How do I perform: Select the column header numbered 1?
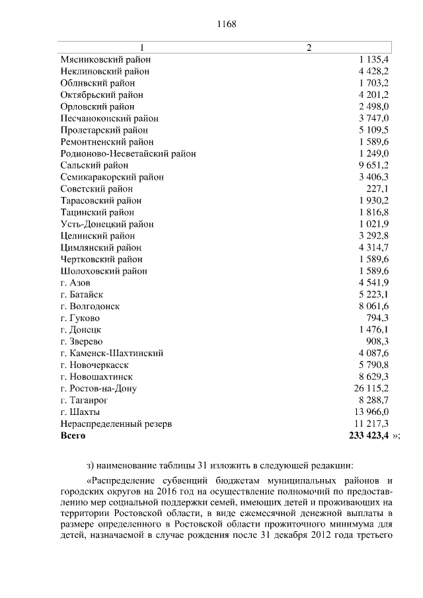(x=141, y=48)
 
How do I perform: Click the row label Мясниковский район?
(x=105, y=59)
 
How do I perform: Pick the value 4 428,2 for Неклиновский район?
(x=373, y=71)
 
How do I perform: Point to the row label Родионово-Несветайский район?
(x=128, y=153)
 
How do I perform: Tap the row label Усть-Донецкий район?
(x=106, y=224)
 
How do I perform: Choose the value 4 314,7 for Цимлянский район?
(x=373, y=248)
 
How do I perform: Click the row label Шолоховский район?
(x=103, y=271)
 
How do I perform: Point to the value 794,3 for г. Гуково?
(x=377, y=318)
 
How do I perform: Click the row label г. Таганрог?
(x=84, y=400)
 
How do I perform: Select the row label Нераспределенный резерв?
(x=116, y=424)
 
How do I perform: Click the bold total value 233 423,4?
(x=368, y=435)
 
